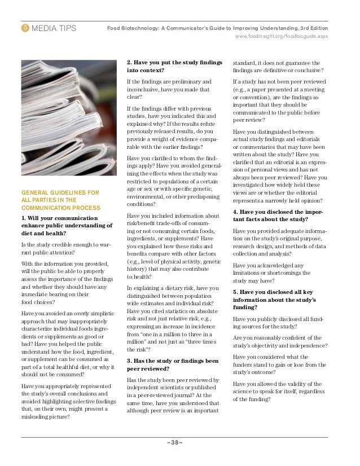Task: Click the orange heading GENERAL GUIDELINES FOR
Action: [x=60, y=192]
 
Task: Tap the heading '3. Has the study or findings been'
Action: [x=173, y=361]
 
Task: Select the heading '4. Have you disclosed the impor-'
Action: [x=278, y=212]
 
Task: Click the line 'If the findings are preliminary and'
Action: [x=169, y=82]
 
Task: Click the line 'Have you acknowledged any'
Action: [x=268, y=265]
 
